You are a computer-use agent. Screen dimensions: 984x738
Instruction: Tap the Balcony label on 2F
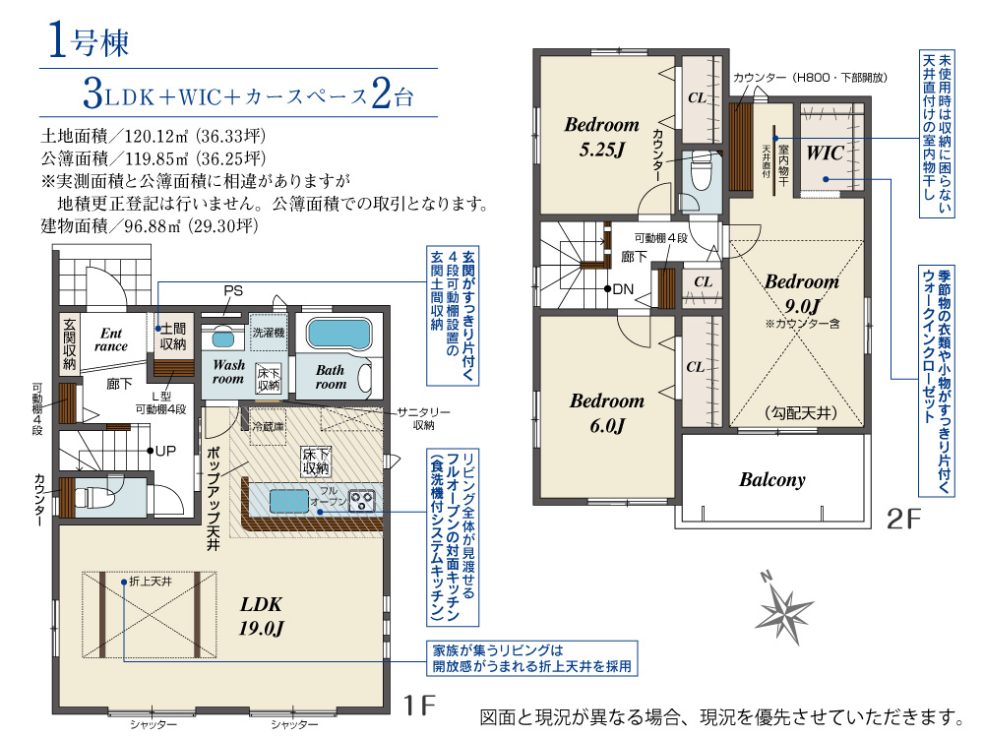tap(771, 480)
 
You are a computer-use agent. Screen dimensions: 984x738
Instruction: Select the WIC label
tap(825, 153)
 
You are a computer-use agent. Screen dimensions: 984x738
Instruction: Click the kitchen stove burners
tap(362, 500)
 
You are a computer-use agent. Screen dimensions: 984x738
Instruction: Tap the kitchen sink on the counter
tap(289, 501)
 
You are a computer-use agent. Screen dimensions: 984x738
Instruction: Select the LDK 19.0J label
tap(261, 616)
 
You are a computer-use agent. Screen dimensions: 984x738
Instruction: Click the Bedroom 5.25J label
tap(602, 137)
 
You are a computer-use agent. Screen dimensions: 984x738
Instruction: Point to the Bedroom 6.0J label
tap(607, 413)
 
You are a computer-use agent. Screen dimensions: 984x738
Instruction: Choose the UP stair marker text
tap(165, 451)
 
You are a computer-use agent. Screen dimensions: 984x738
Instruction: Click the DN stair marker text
tap(623, 289)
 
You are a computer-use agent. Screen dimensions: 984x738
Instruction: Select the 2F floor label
tap(903, 519)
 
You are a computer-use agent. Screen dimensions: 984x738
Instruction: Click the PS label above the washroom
tap(233, 290)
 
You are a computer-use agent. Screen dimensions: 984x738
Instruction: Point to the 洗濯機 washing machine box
tap(269, 332)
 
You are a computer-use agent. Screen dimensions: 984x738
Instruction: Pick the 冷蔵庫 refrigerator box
tap(268, 427)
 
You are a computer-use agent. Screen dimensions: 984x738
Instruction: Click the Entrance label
tap(110, 339)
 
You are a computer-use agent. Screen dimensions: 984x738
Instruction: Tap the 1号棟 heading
tap(88, 40)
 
